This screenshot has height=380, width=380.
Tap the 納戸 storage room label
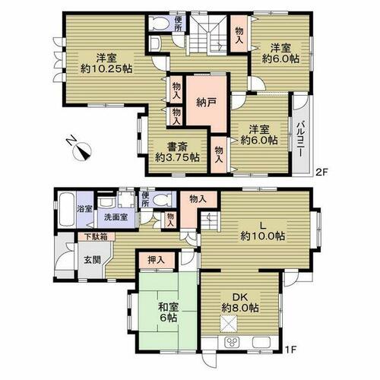[x=207, y=103]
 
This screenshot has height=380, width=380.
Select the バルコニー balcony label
[x=301, y=139]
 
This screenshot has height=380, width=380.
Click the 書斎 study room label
[x=177, y=147]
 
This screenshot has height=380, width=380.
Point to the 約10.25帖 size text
[x=106, y=68]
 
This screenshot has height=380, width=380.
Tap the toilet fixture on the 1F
[x=162, y=200]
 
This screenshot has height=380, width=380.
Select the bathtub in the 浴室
[x=66, y=210]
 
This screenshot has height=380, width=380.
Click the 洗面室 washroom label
[x=116, y=217]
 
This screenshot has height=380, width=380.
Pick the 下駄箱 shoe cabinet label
[x=96, y=236]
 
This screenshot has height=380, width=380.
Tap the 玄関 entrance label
[x=93, y=260]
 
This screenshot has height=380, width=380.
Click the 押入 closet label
[x=157, y=260]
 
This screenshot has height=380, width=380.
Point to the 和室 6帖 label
[x=169, y=312]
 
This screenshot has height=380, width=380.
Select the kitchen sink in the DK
[x=261, y=342]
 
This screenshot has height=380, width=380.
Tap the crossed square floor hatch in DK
[x=229, y=324]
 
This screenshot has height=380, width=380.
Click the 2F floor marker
[x=321, y=173]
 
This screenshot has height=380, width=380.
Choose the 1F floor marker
[x=291, y=350]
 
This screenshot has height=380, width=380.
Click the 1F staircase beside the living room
[x=211, y=221]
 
